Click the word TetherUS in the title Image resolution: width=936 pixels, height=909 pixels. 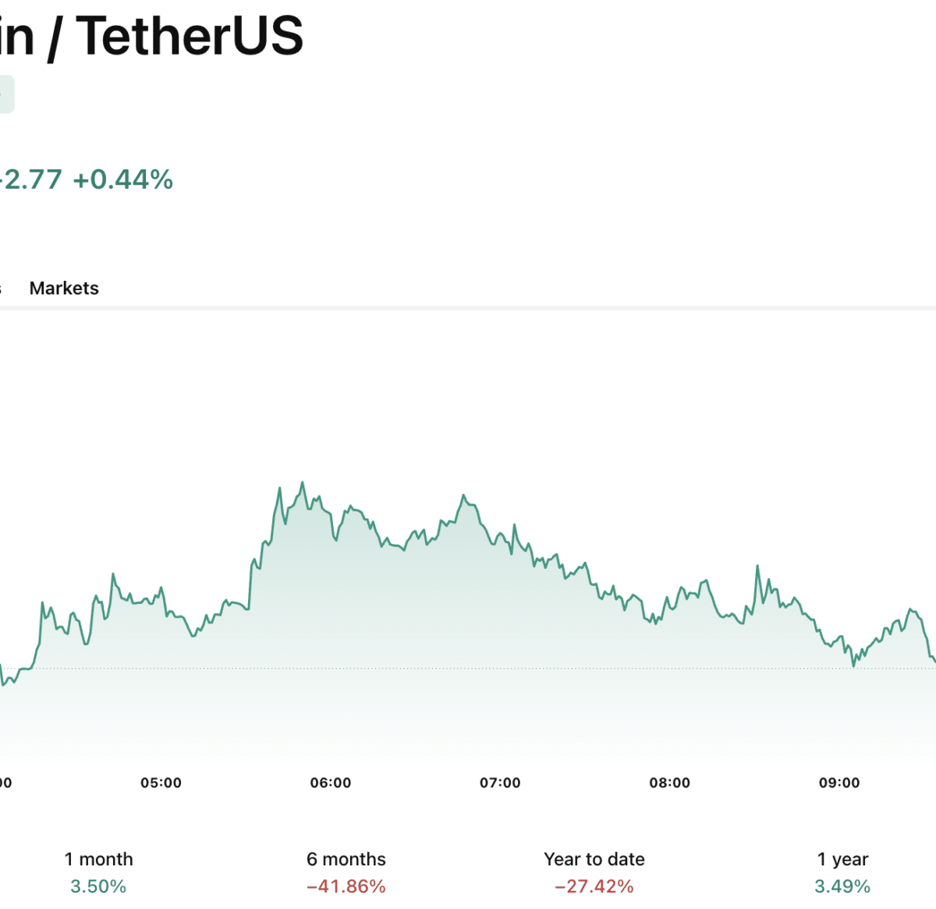click(x=190, y=36)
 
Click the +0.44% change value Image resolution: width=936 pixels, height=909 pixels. click(x=122, y=179)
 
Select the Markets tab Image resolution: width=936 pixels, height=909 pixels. click(x=64, y=288)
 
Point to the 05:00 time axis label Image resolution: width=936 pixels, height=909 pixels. click(x=161, y=783)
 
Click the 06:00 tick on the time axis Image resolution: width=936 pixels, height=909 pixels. click(x=331, y=783)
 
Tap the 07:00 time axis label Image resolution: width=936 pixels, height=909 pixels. click(x=500, y=783)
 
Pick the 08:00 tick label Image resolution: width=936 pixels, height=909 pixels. click(x=669, y=783)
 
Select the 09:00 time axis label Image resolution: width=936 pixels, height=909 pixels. click(x=839, y=783)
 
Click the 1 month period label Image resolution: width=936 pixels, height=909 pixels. click(x=98, y=859)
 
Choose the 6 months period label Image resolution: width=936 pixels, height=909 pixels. click(x=346, y=859)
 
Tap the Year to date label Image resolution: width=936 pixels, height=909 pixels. click(x=594, y=859)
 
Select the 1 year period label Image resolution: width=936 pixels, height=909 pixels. click(x=842, y=859)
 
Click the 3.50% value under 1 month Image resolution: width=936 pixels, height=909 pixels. click(x=98, y=886)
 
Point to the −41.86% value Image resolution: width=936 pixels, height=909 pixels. click(x=346, y=886)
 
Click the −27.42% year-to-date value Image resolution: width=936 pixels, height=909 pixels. click(x=594, y=886)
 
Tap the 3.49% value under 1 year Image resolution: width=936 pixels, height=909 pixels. click(x=842, y=886)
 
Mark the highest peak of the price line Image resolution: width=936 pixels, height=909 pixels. click(x=303, y=483)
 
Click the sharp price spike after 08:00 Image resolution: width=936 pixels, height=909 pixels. click(x=757, y=566)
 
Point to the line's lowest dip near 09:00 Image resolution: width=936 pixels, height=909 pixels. click(x=854, y=666)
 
